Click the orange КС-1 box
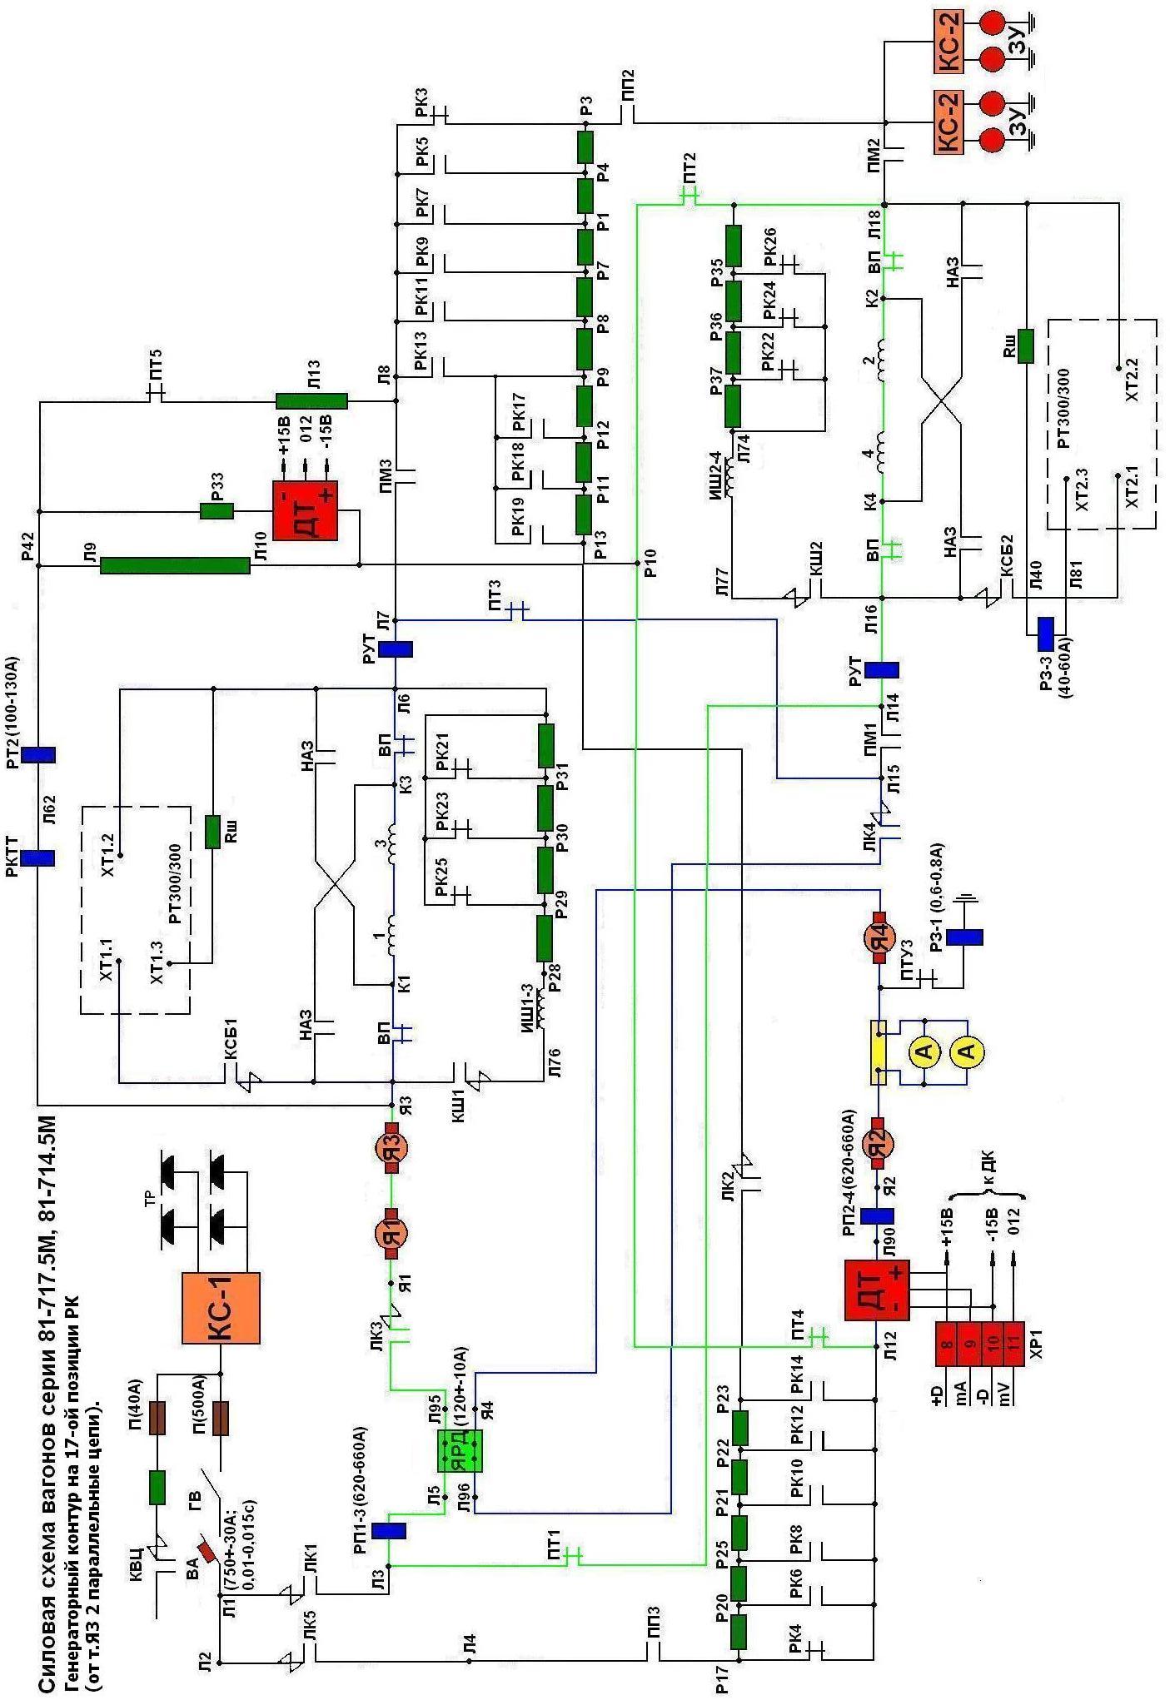tap(221, 1308)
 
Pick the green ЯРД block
tap(461, 1449)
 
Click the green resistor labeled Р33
tap(217, 510)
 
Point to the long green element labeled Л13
tap(311, 401)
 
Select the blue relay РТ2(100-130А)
tap(38, 754)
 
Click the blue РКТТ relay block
tap(38, 857)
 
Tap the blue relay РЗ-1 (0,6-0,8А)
tap(964, 937)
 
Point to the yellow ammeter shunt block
tap(879, 1052)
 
